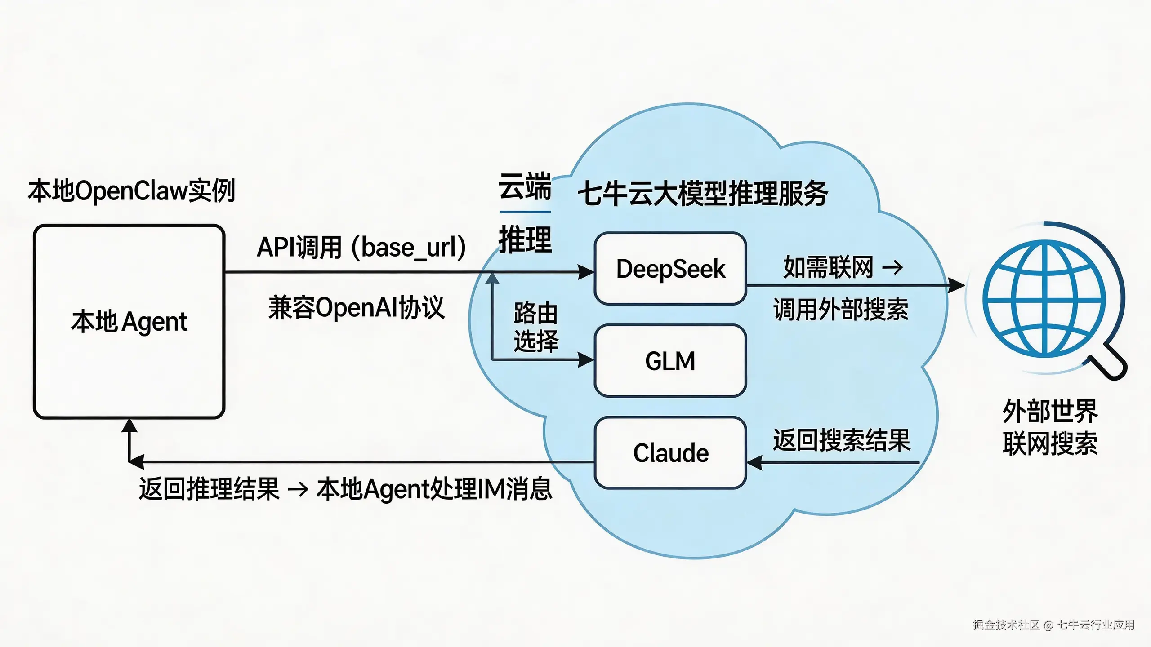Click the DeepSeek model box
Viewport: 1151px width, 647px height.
coord(670,269)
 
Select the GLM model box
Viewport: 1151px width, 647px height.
coord(670,361)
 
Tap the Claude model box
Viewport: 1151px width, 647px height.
coord(670,452)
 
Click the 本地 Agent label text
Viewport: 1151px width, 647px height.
coord(129,322)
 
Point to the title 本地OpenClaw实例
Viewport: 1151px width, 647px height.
coord(131,191)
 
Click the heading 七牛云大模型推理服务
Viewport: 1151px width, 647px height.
coord(702,194)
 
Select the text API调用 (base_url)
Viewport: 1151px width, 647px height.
coord(361,247)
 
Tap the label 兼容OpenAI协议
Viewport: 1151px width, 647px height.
coord(356,308)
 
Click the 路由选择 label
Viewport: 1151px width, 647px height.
coord(535,327)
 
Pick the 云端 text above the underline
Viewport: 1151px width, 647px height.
coord(525,186)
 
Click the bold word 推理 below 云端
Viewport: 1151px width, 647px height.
coord(525,239)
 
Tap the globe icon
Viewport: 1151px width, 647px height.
coord(1044,299)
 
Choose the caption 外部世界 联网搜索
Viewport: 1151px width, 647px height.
coord(1050,427)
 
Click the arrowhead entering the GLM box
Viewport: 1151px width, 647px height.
coord(586,360)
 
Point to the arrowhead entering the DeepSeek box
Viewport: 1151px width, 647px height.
coord(586,272)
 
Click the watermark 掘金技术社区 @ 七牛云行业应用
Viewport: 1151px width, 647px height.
coord(1053,625)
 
